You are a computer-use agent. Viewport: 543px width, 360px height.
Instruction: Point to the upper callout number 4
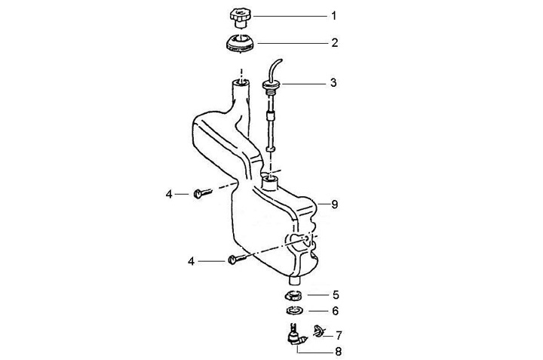(170, 195)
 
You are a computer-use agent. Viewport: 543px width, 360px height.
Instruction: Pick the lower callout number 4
(192, 261)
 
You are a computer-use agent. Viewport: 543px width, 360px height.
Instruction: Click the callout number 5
(335, 294)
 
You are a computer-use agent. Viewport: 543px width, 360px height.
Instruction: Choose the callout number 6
(335, 310)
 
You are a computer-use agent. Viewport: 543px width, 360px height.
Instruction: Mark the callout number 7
(338, 334)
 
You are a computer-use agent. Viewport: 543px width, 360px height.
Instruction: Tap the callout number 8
(334, 204)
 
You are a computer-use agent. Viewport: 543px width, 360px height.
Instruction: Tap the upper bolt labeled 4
(201, 194)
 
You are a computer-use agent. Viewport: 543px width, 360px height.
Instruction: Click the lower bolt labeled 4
(235, 260)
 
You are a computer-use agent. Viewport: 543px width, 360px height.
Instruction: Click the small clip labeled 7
(318, 331)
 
